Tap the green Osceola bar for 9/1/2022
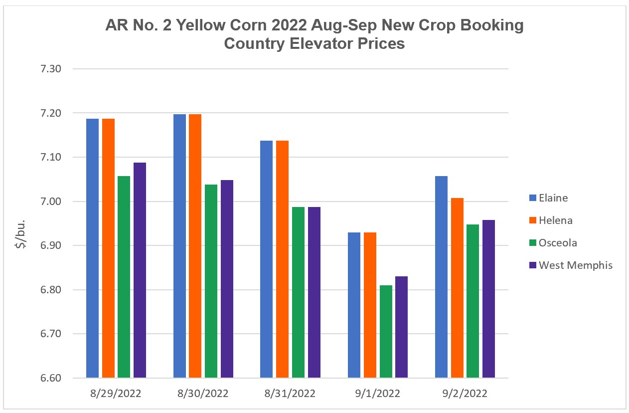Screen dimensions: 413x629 click(x=386, y=331)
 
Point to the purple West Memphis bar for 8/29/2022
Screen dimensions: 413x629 click(x=140, y=270)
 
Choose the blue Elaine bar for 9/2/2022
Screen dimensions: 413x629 click(x=441, y=277)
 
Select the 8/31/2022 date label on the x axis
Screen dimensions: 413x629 click(x=290, y=394)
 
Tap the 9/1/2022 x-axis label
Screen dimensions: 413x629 click(x=377, y=394)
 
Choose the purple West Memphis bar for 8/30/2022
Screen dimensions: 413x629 click(x=227, y=279)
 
